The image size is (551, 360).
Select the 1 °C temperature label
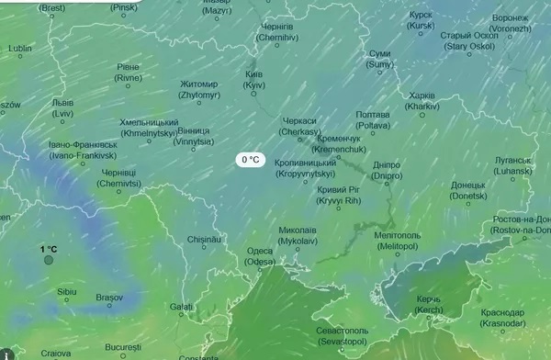click(x=48, y=249)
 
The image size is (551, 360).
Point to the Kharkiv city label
click(x=422, y=100)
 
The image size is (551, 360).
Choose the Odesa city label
click(x=261, y=256)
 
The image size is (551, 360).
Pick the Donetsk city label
click(x=468, y=190)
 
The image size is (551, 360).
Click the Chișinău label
click(x=205, y=239)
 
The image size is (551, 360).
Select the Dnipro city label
click(x=386, y=171)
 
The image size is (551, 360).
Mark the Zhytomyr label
click(x=199, y=89)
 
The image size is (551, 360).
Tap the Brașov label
click(x=108, y=298)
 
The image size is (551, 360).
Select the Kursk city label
click(x=420, y=20)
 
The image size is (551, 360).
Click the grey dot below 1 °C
click(x=48, y=260)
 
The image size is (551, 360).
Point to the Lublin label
click(x=19, y=48)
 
